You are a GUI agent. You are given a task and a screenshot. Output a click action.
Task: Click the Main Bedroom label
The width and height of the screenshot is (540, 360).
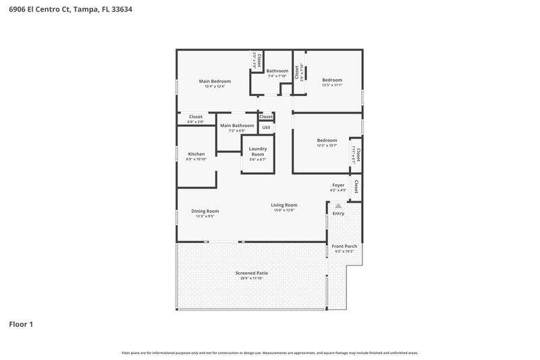215,81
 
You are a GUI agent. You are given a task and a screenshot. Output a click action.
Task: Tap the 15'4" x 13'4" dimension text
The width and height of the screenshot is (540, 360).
215,86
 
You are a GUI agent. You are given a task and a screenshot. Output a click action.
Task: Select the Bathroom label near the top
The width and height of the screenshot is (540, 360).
277,71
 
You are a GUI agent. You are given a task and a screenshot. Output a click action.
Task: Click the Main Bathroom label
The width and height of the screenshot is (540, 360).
237,125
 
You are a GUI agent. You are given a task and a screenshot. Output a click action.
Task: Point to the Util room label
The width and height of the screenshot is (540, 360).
266,127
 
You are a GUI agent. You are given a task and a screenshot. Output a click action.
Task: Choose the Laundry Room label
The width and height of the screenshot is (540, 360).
258,151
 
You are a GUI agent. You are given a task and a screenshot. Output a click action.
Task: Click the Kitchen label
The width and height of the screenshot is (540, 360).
196,154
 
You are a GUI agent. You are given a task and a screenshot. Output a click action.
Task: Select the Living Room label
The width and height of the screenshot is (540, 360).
284,205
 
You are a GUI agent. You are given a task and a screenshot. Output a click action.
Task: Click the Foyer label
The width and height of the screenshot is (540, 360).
338,185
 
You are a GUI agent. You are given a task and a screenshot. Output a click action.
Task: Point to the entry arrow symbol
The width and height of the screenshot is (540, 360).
338,205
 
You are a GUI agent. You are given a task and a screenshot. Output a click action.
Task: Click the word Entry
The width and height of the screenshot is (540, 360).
338,214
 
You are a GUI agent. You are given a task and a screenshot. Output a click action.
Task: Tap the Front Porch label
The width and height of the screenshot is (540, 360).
344,246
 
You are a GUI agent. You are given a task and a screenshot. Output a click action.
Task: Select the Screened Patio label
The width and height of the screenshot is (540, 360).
251,273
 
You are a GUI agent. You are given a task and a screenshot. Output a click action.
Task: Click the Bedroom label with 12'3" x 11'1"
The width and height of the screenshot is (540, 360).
332,80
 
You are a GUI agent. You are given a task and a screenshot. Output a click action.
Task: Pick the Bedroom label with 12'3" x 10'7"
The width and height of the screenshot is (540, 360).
327,140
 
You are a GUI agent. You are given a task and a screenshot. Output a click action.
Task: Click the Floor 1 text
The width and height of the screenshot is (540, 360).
20,324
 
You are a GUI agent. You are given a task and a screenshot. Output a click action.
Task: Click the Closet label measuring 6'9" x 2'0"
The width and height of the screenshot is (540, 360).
196,117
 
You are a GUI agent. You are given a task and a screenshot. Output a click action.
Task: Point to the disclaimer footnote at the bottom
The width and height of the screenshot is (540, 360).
270,353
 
